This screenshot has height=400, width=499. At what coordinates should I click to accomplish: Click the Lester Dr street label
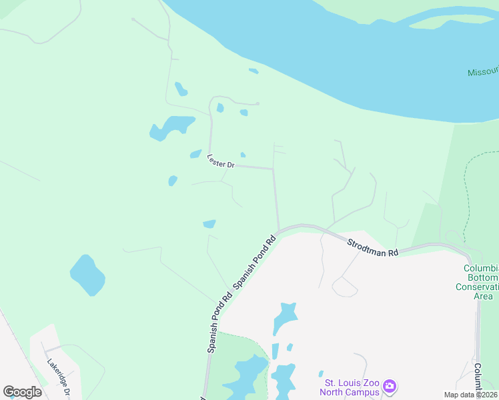[x=221, y=161]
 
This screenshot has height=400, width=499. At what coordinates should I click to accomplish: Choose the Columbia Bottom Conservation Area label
[x=481, y=282]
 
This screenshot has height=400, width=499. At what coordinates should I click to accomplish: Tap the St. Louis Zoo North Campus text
[x=352, y=387]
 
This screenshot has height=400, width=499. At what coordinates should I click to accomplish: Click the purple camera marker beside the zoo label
[x=390, y=387]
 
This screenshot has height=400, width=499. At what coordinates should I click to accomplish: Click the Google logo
[x=22, y=391]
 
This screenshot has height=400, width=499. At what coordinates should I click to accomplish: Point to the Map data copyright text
[x=470, y=395]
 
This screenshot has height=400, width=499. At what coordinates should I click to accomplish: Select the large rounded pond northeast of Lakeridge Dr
[x=87, y=274]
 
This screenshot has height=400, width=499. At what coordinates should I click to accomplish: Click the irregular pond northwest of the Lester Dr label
[x=171, y=127]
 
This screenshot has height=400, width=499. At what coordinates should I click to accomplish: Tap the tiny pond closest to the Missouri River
[x=254, y=71]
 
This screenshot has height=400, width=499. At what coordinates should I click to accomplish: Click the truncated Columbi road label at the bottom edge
[x=478, y=380]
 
